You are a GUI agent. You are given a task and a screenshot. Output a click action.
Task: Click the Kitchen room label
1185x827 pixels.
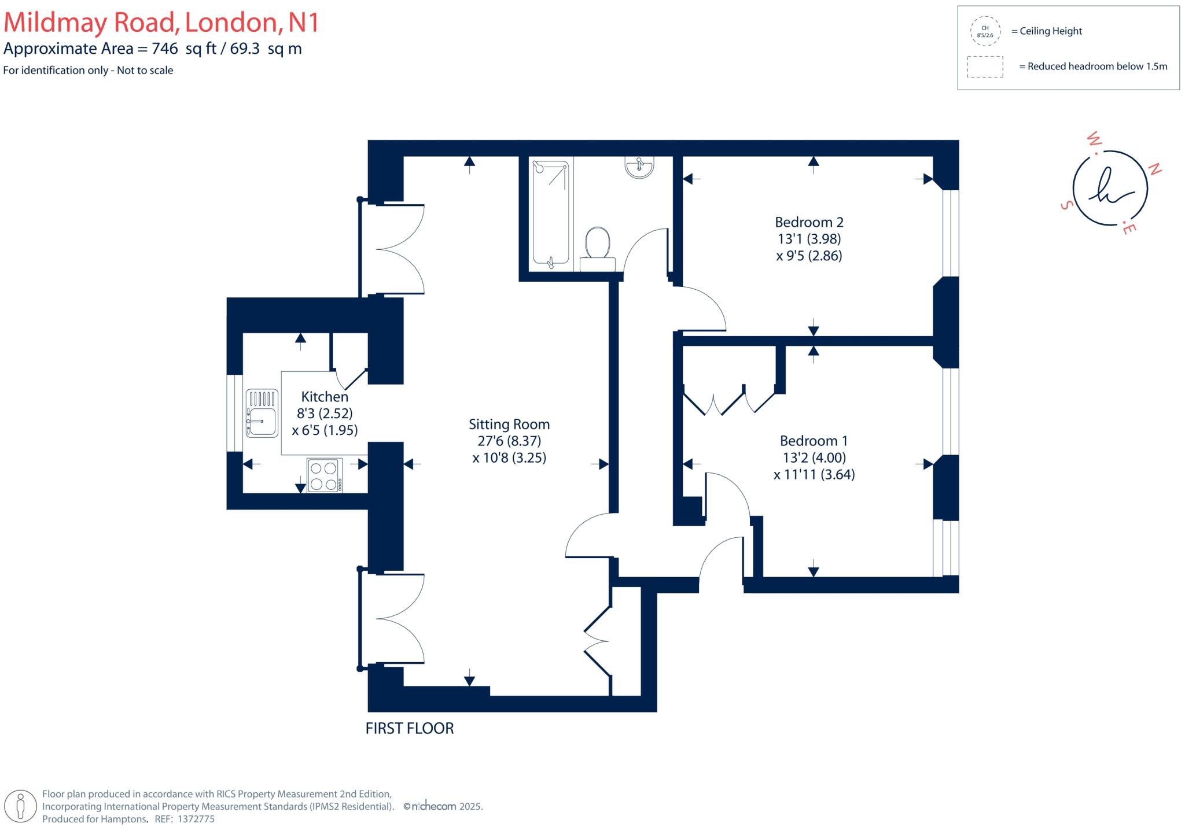click(325, 397)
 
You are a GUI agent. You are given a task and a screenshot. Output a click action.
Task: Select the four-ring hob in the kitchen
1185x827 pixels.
click(324, 475)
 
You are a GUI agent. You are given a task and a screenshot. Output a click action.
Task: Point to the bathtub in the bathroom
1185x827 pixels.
click(550, 214)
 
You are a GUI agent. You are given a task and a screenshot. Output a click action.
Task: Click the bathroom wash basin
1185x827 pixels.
click(639, 167)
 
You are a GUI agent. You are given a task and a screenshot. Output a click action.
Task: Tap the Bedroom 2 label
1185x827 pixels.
click(809, 222)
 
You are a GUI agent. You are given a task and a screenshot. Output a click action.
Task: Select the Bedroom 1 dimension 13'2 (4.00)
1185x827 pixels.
click(814, 457)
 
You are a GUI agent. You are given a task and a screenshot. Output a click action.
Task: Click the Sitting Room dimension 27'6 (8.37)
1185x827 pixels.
click(509, 441)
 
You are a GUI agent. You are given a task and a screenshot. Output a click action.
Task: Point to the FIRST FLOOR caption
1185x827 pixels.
click(410, 728)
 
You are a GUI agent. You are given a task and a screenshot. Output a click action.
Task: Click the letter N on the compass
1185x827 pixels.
click(1154, 169)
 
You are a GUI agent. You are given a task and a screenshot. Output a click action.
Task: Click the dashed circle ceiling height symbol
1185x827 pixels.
click(985, 31)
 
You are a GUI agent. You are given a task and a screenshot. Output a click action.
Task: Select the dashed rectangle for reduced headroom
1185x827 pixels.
click(985, 67)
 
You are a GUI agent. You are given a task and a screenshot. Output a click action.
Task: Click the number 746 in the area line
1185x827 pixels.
click(165, 49)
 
